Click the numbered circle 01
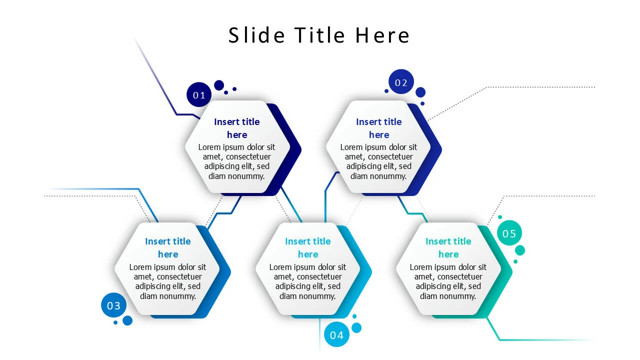[199, 95]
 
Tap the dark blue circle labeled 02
[401, 82]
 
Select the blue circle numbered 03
[114, 305]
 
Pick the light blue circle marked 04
[336, 335]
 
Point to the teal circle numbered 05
[509, 233]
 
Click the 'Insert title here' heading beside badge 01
[237, 128]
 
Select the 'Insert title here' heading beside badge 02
[379, 128]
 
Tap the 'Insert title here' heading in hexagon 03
[168, 247]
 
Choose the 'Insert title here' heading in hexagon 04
[308, 247]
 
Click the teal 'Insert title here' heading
[448, 247]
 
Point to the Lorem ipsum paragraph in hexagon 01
[237, 161]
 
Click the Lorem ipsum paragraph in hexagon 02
[379, 161]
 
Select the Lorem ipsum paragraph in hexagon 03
[168, 281]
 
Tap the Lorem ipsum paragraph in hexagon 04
[308, 281]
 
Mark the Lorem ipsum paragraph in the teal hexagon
[448, 281]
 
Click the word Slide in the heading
[256, 35]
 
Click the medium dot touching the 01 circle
[219, 85]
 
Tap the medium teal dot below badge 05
[520, 250]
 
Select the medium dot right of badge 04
[356, 327]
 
